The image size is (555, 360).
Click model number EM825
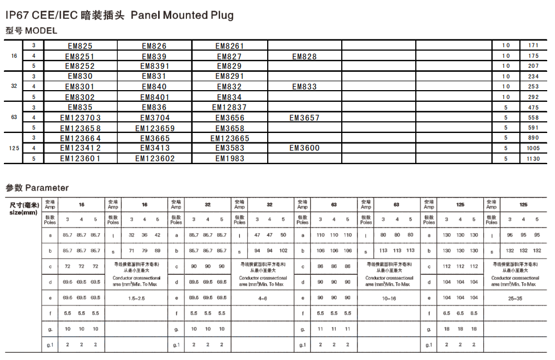click(x=80, y=46)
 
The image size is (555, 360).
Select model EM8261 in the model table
click(x=230, y=46)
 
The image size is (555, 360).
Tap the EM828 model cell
click(x=304, y=57)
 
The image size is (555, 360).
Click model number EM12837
click(x=229, y=107)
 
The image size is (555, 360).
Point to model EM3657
click(x=304, y=118)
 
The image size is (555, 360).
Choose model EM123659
click(x=155, y=128)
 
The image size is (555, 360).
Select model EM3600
click(x=304, y=148)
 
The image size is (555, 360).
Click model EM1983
click(x=229, y=159)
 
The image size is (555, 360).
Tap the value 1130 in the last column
click(x=533, y=159)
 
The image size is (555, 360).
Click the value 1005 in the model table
click(x=533, y=148)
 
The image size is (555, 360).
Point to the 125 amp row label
click(x=14, y=148)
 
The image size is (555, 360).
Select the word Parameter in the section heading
click(x=47, y=188)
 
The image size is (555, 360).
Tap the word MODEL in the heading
click(x=41, y=31)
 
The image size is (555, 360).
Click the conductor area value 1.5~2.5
click(x=136, y=298)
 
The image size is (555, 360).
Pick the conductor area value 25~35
click(x=515, y=298)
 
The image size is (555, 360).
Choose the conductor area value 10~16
click(x=389, y=298)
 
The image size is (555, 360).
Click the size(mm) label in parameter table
click(x=23, y=213)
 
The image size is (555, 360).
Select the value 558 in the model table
click(x=533, y=118)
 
